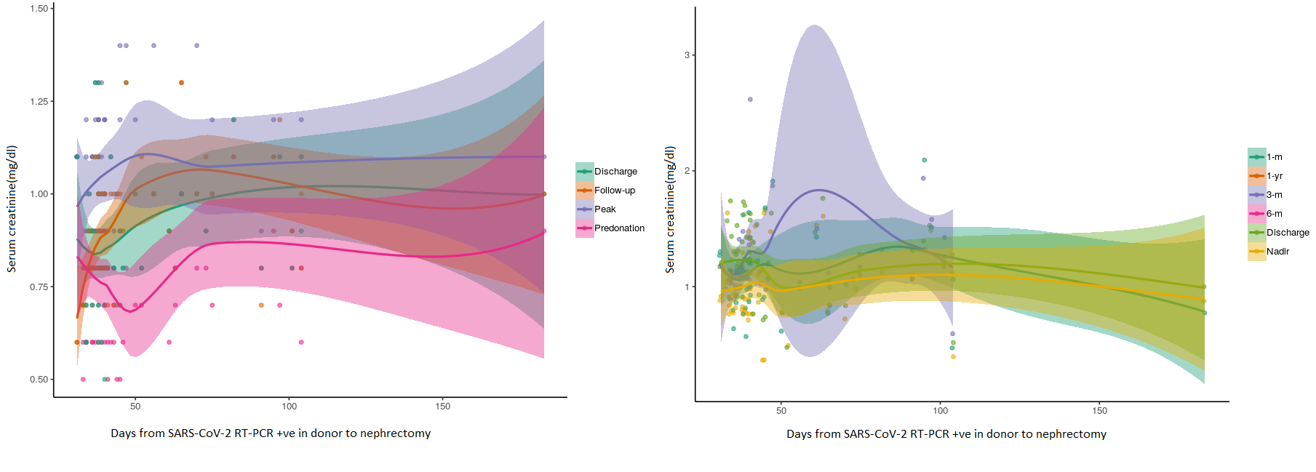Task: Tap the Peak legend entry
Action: (605, 209)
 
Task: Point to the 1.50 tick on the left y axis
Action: (39, 9)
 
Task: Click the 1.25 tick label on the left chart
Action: (39, 102)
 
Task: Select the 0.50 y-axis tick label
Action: (39, 380)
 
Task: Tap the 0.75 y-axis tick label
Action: (39, 287)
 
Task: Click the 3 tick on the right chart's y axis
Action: (687, 55)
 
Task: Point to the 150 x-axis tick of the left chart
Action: (443, 407)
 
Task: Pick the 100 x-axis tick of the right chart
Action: (940, 411)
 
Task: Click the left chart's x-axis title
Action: (271, 433)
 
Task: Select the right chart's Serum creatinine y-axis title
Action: (670, 209)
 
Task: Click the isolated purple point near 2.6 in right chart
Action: (750, 100)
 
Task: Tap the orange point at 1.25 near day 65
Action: (181, 83)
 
